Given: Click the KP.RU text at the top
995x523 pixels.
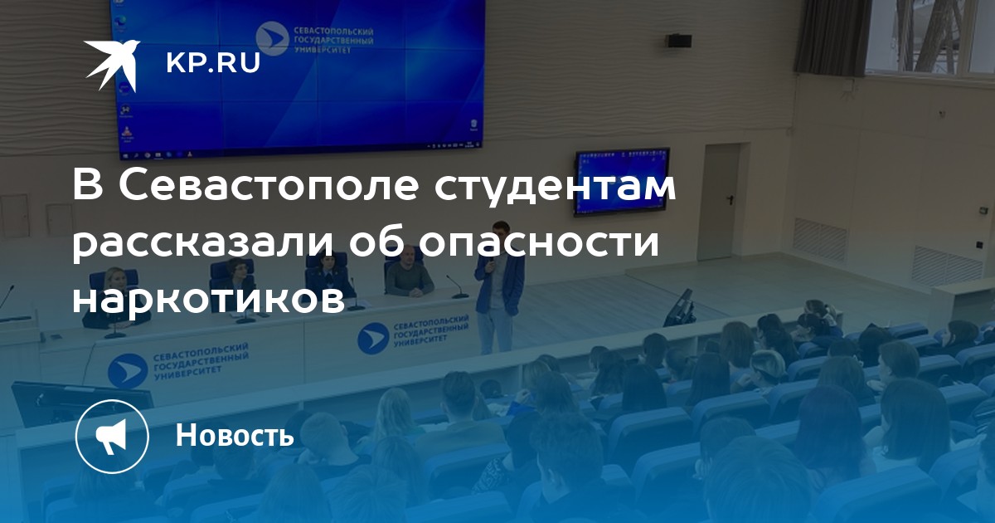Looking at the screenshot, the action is click(213, 63).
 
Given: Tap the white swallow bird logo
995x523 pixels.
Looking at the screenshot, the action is click(112, 65).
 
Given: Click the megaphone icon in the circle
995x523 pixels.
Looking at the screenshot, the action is click(112, 436).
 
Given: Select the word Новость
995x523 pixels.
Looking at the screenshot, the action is click(235, 435).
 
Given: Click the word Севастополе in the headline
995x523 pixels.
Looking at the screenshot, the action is click(269, 185).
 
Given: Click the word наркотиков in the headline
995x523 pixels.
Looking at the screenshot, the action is click(208, 296).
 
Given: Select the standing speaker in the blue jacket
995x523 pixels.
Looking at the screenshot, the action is click(499, 287).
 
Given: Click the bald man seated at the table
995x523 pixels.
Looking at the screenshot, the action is click(408, 273).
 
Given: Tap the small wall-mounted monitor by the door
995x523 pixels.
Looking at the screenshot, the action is click(622, 181).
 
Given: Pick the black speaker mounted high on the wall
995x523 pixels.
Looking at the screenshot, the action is click(679, 41).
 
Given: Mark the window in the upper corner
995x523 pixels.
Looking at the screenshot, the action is click(929, 36).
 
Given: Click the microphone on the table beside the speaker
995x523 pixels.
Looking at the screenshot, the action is click(458, 286).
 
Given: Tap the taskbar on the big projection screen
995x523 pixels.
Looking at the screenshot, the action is click(302, 149).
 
